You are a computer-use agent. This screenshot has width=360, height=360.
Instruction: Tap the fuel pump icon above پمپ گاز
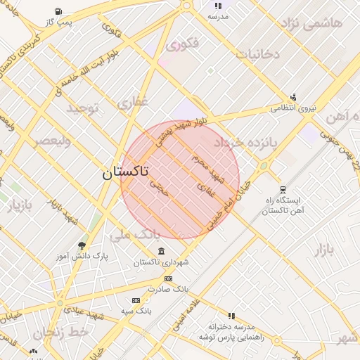tap(57, 12)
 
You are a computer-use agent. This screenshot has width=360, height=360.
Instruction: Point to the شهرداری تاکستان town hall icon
tap(162, 252)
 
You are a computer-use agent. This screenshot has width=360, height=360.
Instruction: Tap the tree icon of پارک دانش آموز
tap(82, 245)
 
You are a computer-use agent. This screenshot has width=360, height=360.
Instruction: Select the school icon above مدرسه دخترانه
tap(231, 316)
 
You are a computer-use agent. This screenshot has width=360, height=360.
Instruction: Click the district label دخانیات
tap(257, 53)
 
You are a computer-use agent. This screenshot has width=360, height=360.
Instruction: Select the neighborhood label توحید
tap(84, 108)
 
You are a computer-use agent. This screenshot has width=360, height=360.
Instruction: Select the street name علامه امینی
tap(184, 313)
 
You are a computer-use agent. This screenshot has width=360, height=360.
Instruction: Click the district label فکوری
tap(183, 44)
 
